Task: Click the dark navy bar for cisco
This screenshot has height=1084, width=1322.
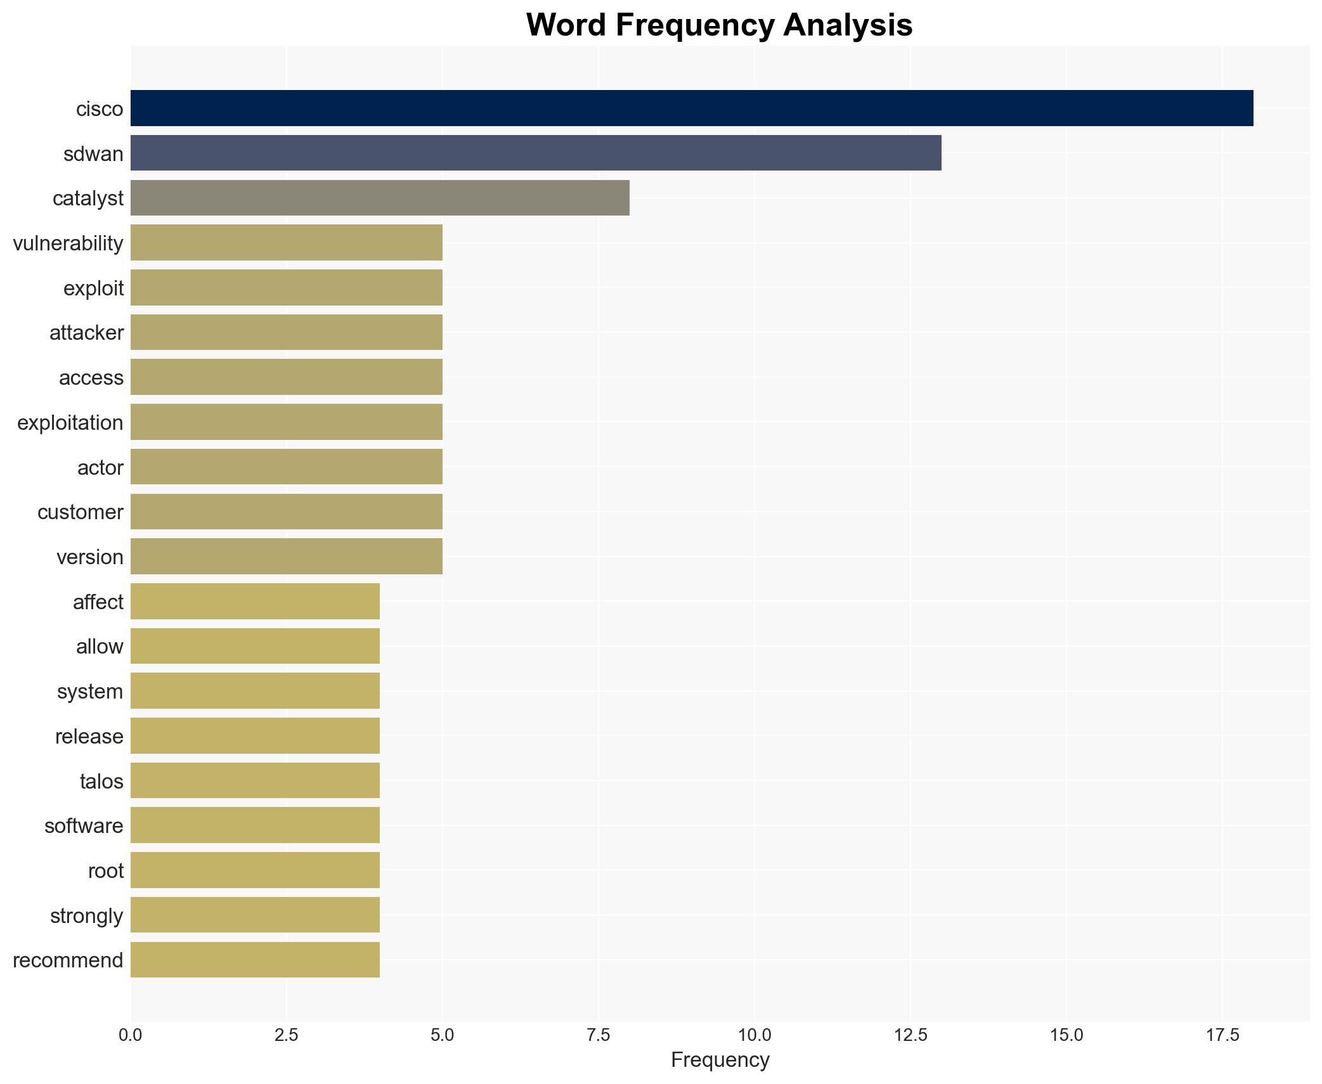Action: pyautogui.click(x=691, y=108)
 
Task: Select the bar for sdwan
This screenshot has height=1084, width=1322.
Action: pyautogui.click(x=536, y=153)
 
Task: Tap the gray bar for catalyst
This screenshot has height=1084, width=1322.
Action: pyautogui.click(x=380, y=198)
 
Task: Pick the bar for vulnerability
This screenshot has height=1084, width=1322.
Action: pyautogui.click(x=287, y=243)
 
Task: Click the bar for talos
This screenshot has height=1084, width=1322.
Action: pyautogui.click(x=255, y=780)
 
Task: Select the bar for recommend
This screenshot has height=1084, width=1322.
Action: pyautogui.click(x=255, y=960)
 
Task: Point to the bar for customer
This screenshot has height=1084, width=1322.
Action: pyautogui.click(x=287, y=512)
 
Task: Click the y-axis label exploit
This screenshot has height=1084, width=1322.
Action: pyautogui.click(x=93, y=288)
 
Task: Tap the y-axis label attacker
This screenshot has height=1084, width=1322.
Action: pyautogui.click(x=86, y=333)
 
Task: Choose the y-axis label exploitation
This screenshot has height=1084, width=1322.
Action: pyautogui.click(x=70, y=423)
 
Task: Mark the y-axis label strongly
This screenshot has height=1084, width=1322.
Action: pyautogui.click(x=86, y=916)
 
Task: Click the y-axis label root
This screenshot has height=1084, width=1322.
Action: pyautogui.click(x=105, y=871)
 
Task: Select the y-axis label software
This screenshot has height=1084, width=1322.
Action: pyautogui.click(x=84, y=826)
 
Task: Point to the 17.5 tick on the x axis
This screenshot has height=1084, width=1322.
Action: pyautogui.click(x=1222, y=1035)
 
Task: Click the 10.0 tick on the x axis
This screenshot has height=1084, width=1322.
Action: pyautogui.click(x=754, y=1035)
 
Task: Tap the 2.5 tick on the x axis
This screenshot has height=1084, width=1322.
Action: pyautogui.click(x=286, y=1035)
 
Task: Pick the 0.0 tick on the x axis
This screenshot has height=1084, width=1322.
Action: pyautogui.click(x=131, y=1035)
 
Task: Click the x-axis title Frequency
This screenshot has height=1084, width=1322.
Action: pyautogui.click(x=720, y=1060)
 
